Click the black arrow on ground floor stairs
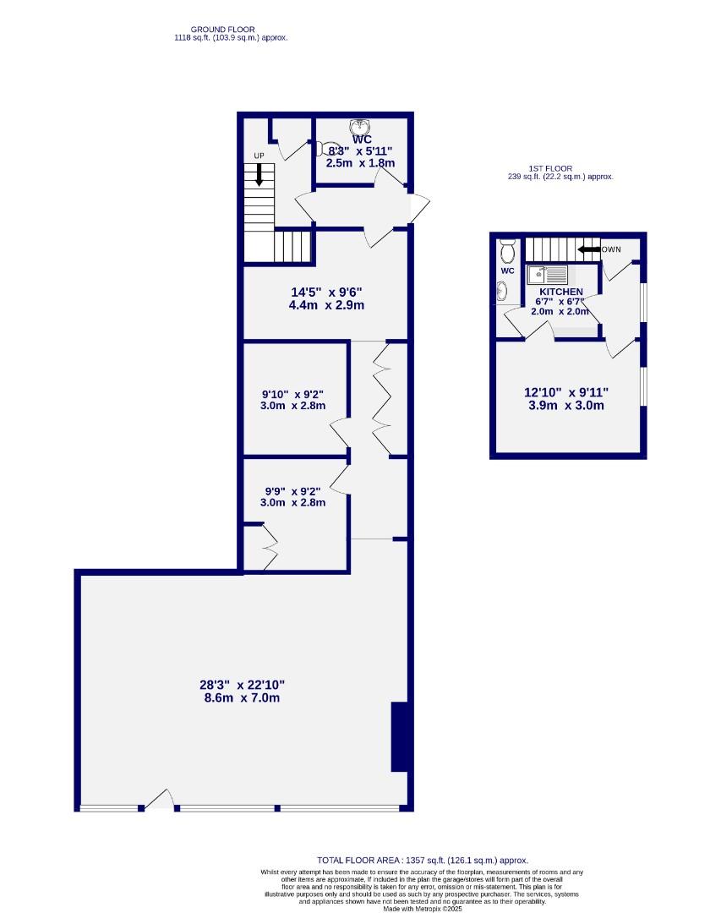[x=259, y=175]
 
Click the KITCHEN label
[x=555, y=292]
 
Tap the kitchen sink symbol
[x=546, y=275]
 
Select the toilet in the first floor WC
[x=507, y=251]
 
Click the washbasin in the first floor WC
[x=503, y=291]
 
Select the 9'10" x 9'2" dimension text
[x=293, y=393]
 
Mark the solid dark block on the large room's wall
[x=401, y=736]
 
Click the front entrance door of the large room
[x=159, y=801]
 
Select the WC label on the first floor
[x=507, y=271]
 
